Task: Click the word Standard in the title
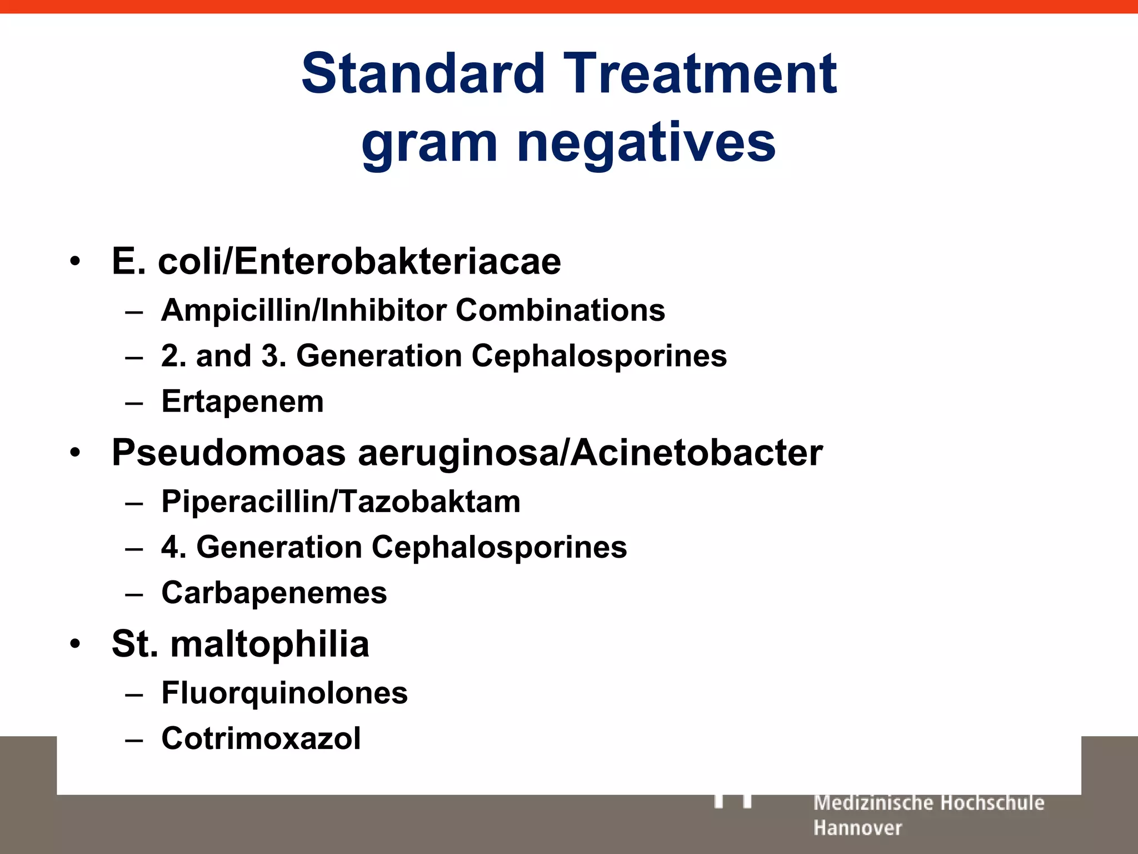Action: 423,73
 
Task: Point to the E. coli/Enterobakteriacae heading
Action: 336,261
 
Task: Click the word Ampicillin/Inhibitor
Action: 303,310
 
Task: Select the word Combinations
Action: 560,310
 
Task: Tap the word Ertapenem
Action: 242,402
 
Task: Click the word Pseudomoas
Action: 228,453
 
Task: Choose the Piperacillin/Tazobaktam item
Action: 341,502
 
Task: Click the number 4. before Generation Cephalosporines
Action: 173,547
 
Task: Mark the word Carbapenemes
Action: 274,593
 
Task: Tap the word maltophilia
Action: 269,644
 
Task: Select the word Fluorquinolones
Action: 284,693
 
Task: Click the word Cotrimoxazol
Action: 261,739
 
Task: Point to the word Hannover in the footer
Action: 857,828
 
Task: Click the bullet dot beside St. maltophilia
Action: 76,644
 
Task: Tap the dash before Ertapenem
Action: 134,402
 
